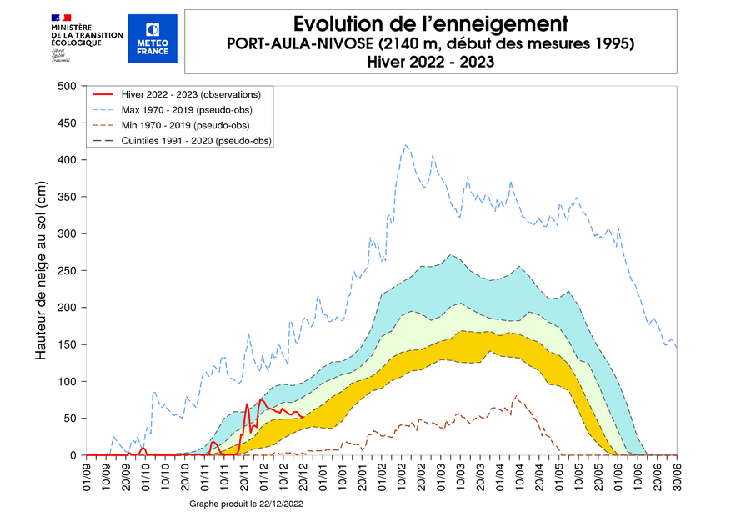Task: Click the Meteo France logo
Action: pos(153,38)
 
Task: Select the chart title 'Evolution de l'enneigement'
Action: pos(431,22)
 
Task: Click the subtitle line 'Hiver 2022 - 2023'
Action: pos(431,61)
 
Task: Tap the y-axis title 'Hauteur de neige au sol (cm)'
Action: pos(40,271)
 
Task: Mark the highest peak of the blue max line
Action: pos(406,145)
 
